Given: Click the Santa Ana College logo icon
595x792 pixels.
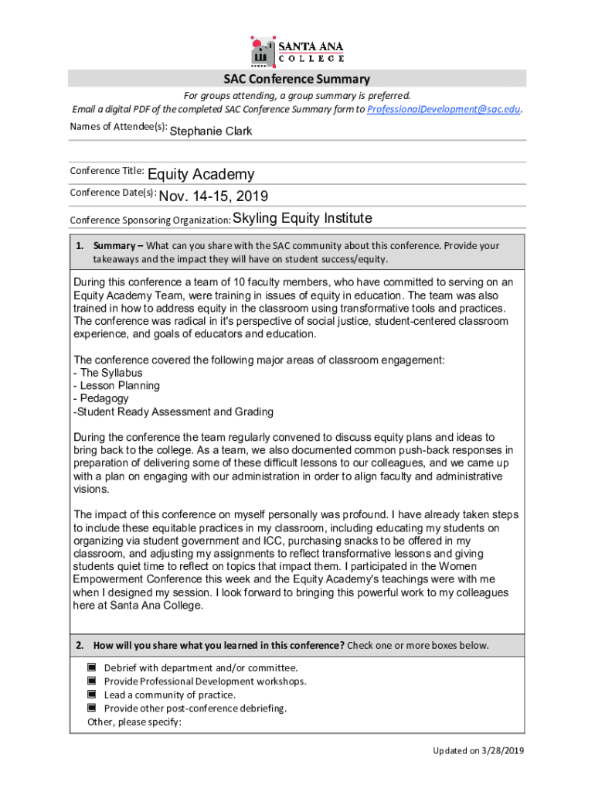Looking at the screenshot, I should coord(263,51).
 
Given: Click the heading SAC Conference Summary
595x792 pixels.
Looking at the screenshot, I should coord(297,79).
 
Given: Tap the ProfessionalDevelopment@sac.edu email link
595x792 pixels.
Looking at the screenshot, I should coord(444,109).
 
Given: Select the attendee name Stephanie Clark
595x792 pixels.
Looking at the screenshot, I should coord(210,131).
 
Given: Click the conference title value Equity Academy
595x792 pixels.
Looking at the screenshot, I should coord(200,175).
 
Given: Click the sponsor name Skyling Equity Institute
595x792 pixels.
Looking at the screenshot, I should coord(302,218).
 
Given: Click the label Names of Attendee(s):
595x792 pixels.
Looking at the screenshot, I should coord(118,127).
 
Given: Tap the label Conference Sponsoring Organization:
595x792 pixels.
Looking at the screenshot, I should coord(150,220).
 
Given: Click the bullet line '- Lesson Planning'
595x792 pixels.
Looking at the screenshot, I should coord(116,385).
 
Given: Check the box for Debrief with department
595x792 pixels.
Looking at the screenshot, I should coord(91,667).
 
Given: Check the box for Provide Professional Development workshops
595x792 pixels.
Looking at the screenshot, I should coord(91,681).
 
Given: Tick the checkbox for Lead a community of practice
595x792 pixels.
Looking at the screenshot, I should coord(91,695).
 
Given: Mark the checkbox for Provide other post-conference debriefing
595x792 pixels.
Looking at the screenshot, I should coord(91,708).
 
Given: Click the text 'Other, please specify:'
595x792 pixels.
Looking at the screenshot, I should coord(134,722).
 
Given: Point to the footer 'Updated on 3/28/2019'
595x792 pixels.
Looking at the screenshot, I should coord(478,750).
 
